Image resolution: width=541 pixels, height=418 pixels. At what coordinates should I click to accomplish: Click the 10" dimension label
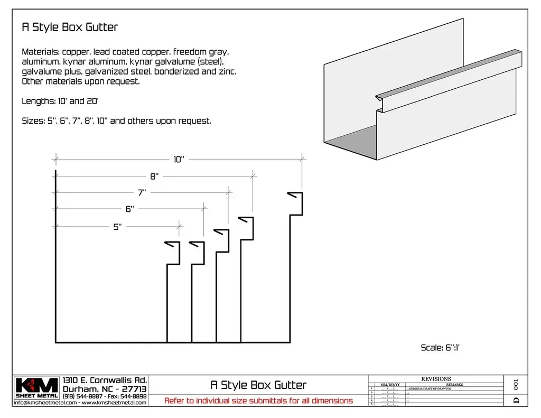click(x=179, y=160)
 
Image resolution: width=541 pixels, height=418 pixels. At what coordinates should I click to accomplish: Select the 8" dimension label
click(x=154, y=177)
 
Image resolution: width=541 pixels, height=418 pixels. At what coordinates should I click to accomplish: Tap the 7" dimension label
click(x=142, y=193)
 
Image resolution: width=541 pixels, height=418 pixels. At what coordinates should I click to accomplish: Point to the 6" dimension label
click(x=130, y=209)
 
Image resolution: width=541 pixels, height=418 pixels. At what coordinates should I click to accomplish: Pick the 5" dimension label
click(x=117, y=227)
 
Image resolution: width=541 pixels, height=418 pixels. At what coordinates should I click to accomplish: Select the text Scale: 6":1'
click(x=442, y=347)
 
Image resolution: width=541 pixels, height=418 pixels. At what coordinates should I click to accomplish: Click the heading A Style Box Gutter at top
click(x=69, y=27)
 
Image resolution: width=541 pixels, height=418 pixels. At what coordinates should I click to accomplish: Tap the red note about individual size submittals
click(x=258, y=401)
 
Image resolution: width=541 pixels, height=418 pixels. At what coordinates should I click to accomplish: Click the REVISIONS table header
click(x=436, y=379)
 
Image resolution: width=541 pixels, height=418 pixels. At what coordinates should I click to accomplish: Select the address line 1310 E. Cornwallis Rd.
click(x=105, y=380)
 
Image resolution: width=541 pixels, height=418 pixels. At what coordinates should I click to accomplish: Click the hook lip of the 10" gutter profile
click(x=295, y=195)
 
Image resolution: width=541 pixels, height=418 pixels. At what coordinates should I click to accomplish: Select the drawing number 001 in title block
click(x=516, y=384)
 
